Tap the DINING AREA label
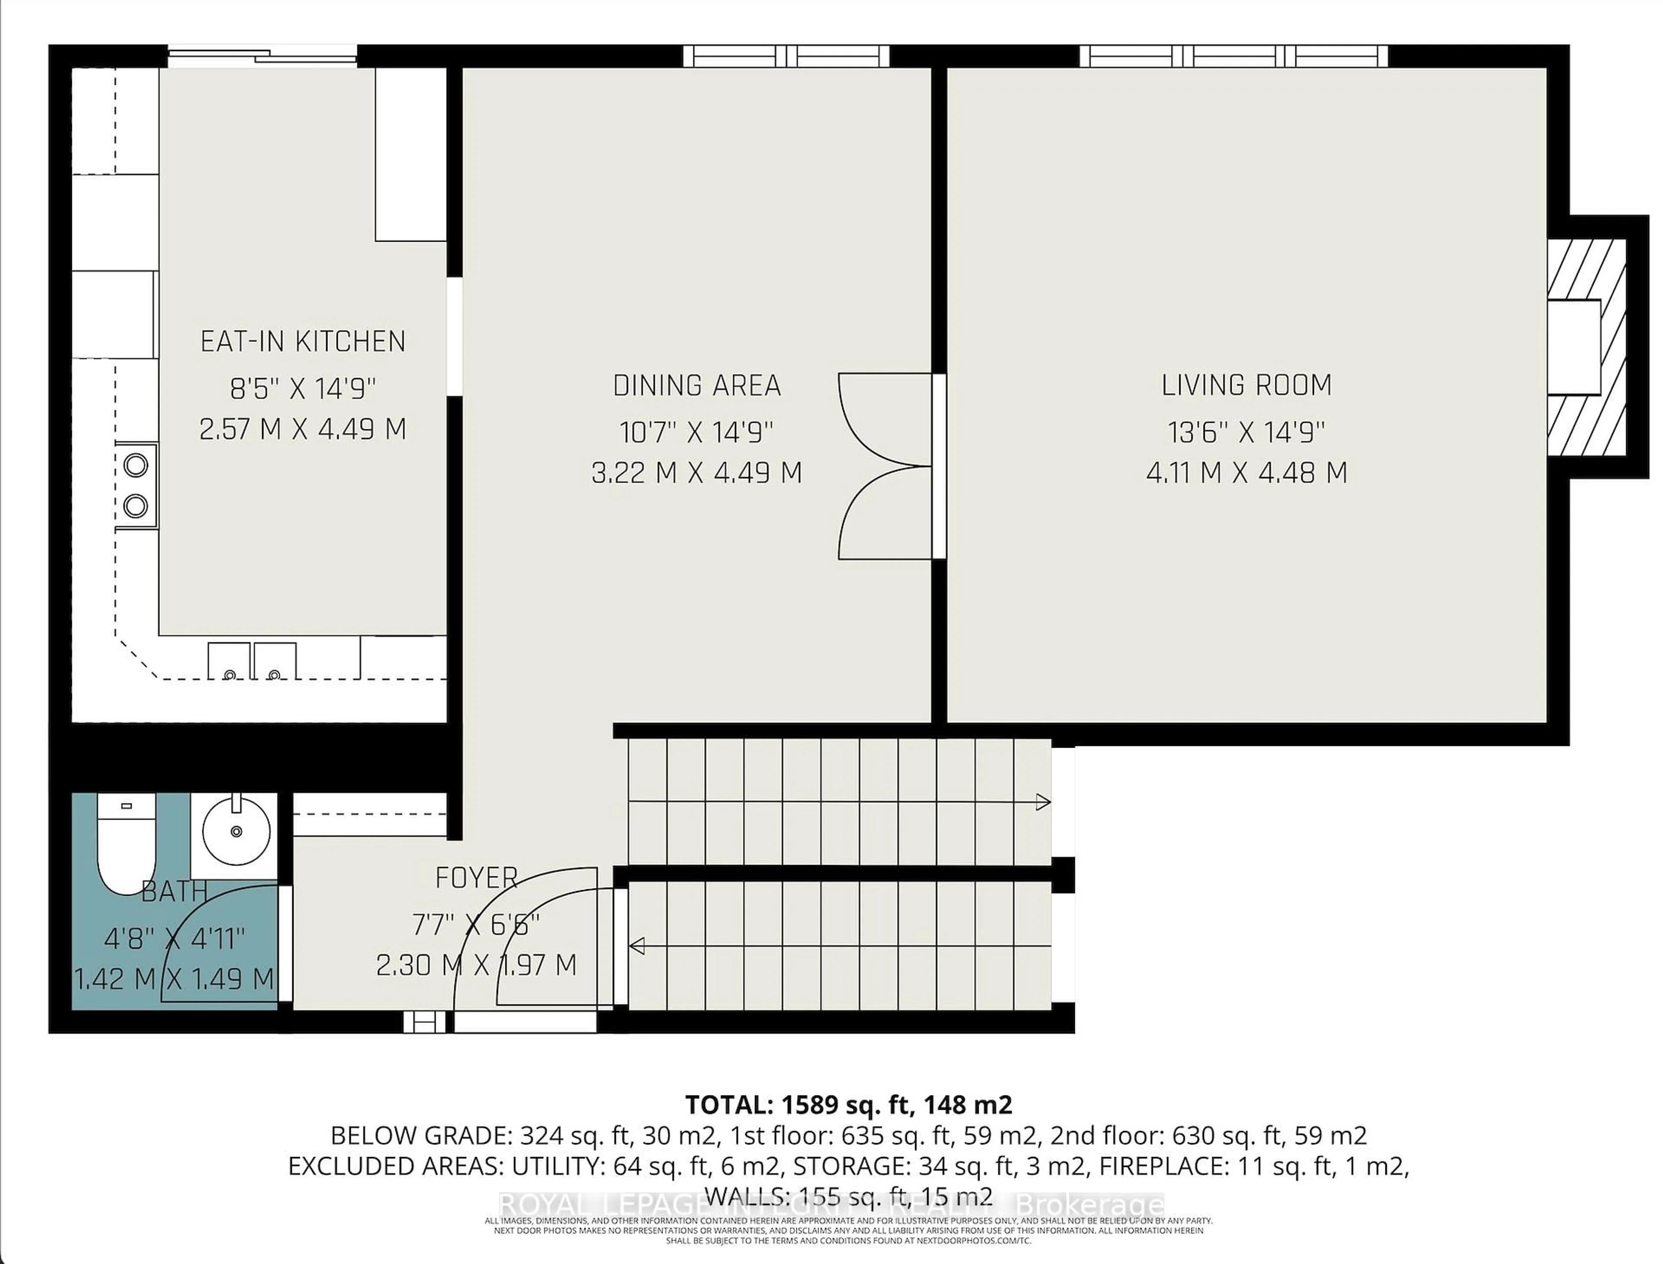696,386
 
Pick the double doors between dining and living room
886,467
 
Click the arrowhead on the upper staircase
1042,802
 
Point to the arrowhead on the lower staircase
637,946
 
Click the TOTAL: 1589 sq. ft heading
848,1105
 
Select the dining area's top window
786,56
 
